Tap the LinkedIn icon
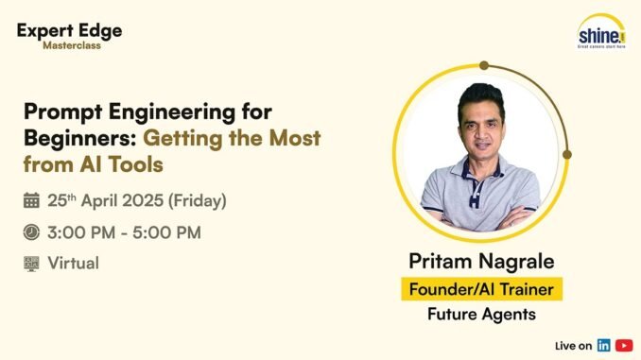coord(603,344)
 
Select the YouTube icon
coord(623,344)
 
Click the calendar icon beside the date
coord(31,200)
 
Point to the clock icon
coord(31,231)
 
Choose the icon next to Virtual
coord(31,263)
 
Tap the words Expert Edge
coord(69,29)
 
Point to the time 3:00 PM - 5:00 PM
coord(124,231)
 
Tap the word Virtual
coord(73,263)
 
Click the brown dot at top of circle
coord(483,66)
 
